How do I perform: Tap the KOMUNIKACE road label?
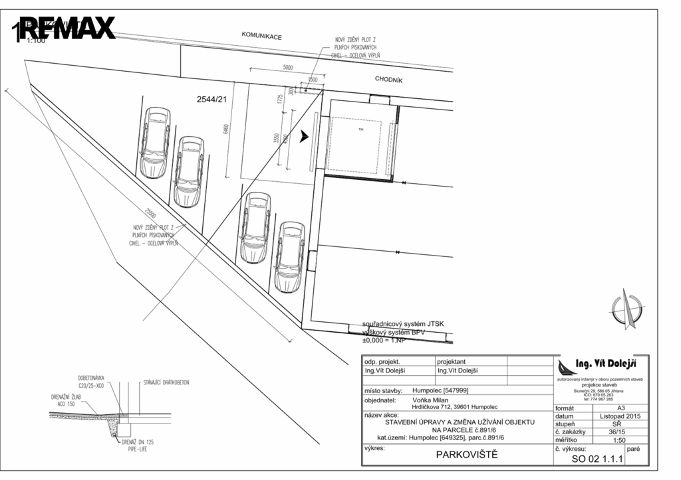261,37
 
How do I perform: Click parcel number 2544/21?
212,99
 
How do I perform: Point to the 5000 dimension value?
287,68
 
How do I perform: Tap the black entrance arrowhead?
304,136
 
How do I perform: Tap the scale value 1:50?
619,440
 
